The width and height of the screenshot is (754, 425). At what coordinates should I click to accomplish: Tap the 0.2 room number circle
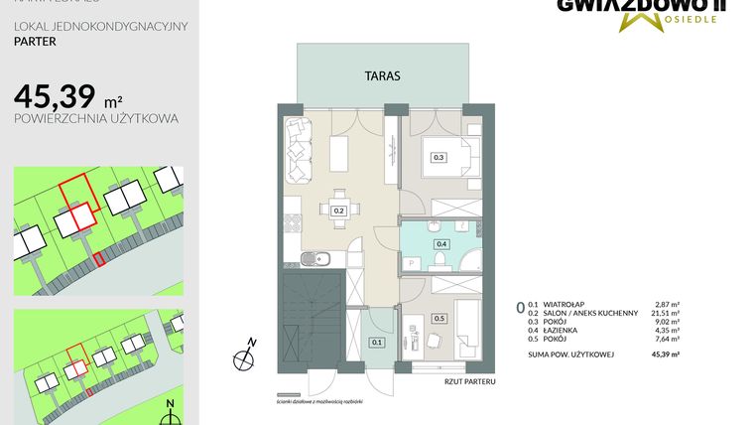point(338,211)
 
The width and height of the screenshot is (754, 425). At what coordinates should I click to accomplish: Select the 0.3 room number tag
point(439,157)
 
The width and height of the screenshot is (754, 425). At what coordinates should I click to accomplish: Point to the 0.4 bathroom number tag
point(440,243)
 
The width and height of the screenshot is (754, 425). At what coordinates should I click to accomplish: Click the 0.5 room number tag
point(439,319)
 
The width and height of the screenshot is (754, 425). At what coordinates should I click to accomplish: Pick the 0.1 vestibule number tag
point(376,343)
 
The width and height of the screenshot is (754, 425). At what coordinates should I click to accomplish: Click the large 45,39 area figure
point(56,96)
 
